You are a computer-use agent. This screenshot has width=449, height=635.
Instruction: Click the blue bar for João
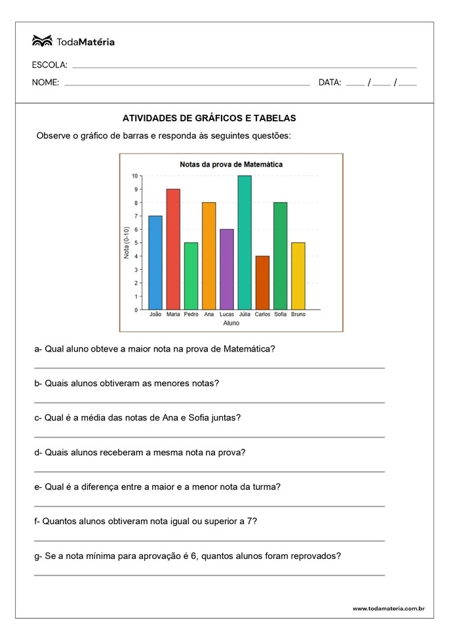click(x=155, y=262)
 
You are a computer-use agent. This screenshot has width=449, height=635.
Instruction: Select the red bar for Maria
click(x=173, y=249)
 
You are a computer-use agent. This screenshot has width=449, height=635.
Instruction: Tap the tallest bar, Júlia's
click(x=244, y=243)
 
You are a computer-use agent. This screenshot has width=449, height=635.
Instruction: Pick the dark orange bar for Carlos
click(x=262, y=283)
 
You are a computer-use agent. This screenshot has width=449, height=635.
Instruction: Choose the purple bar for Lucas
click(x=227, y=269)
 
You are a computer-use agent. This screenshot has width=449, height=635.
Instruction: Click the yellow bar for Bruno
click(x=298, y=276)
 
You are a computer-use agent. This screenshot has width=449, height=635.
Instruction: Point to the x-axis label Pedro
click(x=191, y=315)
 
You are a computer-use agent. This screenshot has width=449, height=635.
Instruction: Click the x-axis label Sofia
click(x=281, y=315)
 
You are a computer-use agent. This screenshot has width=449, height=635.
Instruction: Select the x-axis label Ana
click(x=209, y=315)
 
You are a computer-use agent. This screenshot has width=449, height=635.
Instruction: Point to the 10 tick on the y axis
click(x=134, y=176)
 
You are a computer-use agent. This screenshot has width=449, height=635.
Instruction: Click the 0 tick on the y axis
click(x=136, y=310)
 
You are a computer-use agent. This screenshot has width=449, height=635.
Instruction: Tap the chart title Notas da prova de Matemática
click(x=231, y=165)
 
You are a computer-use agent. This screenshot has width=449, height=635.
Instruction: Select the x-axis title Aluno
click(x=231, y=323)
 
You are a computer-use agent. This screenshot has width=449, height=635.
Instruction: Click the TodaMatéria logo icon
click(x=42, y=41)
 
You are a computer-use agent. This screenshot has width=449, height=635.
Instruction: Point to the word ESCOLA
click(x=49, y=65)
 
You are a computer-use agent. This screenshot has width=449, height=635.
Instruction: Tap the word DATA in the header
click(x=330, y=83)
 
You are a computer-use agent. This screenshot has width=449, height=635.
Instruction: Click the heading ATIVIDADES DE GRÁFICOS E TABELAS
click(x=210, y=119)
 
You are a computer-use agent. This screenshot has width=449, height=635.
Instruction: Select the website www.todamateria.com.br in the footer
click(x=389, y=609)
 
